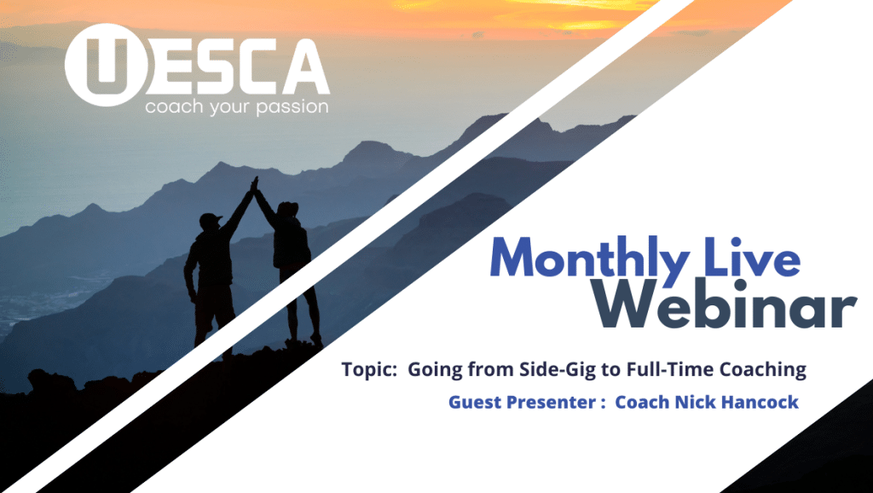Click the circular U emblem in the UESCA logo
point(107,65)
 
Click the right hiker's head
point(288,210)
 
